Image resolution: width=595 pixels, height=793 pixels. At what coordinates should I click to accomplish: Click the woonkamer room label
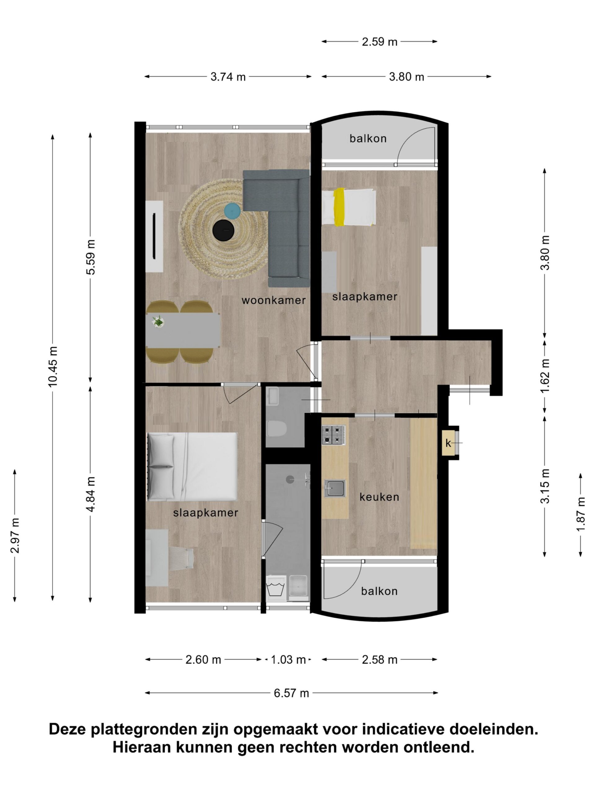point(274,300)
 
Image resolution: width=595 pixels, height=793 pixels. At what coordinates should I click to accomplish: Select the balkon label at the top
point(368,138)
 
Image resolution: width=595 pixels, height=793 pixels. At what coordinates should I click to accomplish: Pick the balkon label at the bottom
point(379,591)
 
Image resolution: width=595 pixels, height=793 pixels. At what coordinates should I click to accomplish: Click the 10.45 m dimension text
point(53,366)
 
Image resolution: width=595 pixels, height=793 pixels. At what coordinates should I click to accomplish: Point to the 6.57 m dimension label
point(291,693)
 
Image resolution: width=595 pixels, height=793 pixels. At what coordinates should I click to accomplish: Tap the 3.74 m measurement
point(228,77)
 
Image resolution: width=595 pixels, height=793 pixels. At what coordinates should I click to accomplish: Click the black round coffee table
point(224,230)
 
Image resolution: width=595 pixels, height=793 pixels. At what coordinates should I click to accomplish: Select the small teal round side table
point(232,211)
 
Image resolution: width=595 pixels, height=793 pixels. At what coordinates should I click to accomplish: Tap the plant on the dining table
point(158,321)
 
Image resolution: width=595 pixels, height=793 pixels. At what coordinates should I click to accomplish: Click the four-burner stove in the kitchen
point(333,435)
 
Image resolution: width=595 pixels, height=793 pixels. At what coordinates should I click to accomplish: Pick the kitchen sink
point(335,488)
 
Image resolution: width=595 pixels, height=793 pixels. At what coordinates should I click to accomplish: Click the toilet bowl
point(277,428)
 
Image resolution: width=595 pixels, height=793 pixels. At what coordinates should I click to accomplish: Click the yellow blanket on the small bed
point(339,207)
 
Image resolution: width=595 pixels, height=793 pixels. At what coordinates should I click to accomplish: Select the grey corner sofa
point(276,228)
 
